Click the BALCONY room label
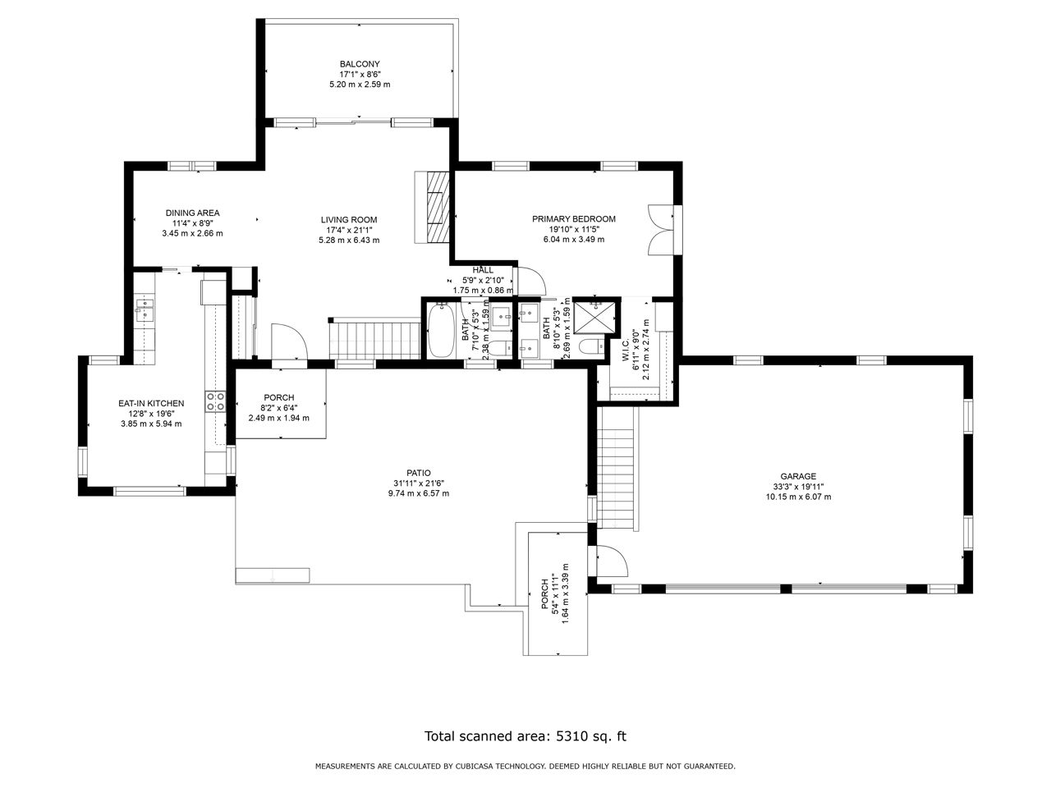click(360, 64)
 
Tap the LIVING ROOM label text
click(349, 220)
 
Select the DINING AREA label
click(192, 213)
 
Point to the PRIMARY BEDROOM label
click(574, 218)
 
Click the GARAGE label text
click(798, 476)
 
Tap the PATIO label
click(419, 473)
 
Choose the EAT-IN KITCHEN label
click(151, 403)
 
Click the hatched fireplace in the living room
click(438, 207)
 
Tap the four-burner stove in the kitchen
click(215, 401)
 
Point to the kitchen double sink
click(145, 310)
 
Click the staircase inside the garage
click(617, 468)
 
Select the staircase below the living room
click(375, 340)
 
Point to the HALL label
click(482, 270)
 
